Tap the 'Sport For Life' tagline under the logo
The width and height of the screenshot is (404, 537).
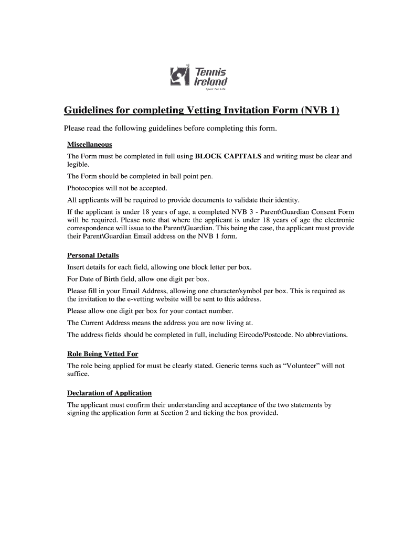[215, 89]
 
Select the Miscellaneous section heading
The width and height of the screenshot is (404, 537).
[90, 144]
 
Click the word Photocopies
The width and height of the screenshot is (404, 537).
[87, 188]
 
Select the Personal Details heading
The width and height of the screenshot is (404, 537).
[93, 255]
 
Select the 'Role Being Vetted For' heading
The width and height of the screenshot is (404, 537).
[103, 354]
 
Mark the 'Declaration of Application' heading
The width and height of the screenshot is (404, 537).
[109, 393]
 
